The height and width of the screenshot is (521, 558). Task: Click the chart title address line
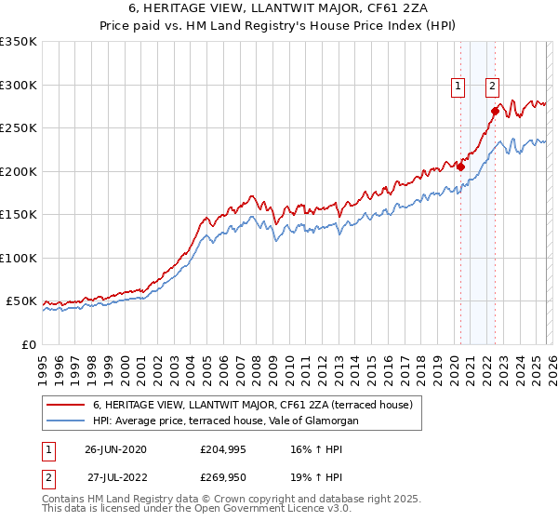(x=279, y=8)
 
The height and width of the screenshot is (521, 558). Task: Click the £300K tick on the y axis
(x=18, y=85)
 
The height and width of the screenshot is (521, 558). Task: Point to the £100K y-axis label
(x=18, y=258)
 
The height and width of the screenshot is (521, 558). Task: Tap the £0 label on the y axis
(x=28, y=344)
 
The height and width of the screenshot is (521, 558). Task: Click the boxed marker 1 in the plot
(x=458, y=87)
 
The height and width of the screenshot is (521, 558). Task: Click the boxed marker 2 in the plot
(x=492, y=87)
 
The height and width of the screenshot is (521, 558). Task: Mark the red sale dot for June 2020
(x=460, y=167)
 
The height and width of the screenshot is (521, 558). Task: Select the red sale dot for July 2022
(x=495, y=112)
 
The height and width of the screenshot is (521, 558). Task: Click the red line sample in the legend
(x=66, y=405)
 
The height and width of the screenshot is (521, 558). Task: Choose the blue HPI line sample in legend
(x=66, y=421)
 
